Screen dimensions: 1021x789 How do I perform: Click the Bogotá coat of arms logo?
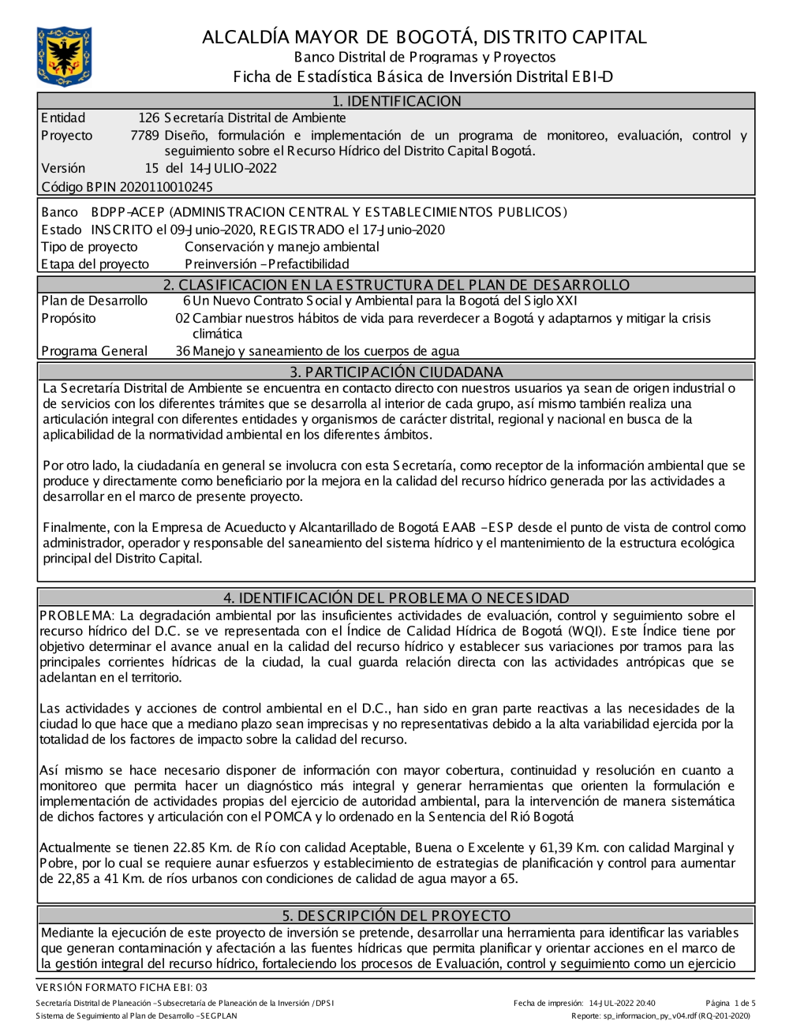tap(64, 56)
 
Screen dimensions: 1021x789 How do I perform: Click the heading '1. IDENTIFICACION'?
tap(396, 101)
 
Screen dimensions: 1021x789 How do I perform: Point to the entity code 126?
tap(148, 118)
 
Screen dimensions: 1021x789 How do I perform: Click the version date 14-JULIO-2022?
tap(232, 168)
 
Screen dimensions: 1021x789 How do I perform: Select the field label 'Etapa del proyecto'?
tap(95, 264)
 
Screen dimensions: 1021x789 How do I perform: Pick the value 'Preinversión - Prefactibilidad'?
tap(267, 264)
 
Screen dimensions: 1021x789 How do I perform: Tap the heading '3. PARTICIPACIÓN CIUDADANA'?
tap(396, 372)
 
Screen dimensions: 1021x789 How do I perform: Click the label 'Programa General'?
tap(94, 351)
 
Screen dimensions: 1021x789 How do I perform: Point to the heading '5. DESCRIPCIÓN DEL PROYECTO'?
tap(396, 915)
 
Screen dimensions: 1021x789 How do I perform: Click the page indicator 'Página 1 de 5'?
tap(731, 1004)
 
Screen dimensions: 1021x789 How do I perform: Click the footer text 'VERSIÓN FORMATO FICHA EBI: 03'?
tap(122, 987)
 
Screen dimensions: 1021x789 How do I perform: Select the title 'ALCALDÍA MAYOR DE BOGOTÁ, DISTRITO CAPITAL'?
tap(424, 37)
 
